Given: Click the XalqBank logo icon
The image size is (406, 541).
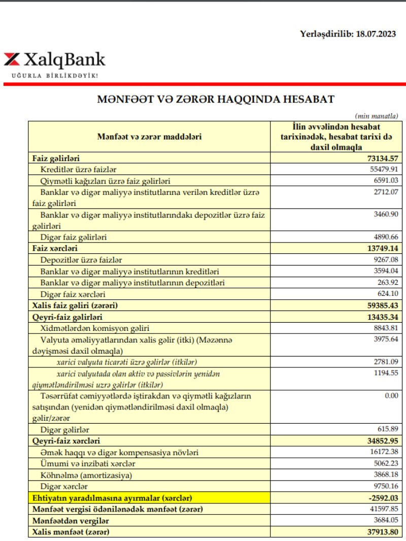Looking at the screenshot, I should (x=12, y=59).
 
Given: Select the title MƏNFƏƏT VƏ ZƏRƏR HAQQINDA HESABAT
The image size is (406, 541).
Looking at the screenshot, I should (x=215, y=99).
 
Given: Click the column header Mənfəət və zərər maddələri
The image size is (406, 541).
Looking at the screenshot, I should (x=150, y=137).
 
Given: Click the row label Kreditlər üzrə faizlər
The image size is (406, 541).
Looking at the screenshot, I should (x=82, y=170).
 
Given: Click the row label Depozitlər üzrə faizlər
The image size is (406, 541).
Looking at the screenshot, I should (x=81, y=260).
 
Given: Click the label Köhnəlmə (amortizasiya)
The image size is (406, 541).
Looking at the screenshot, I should (x=86, y=475).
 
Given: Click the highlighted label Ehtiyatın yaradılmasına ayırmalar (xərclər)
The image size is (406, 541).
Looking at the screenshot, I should (x=112, y=498).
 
